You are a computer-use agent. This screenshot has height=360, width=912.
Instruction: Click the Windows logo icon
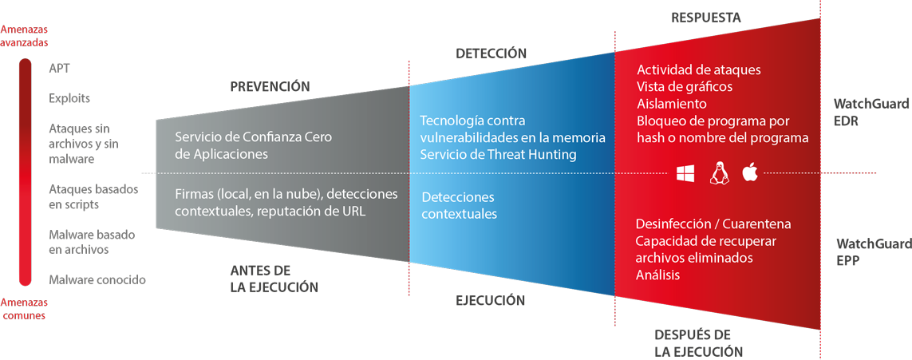tap(685, 173)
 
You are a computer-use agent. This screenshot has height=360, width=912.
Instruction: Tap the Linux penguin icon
tap(718, 173)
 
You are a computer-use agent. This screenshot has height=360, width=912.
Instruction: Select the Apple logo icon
tap(749, 172)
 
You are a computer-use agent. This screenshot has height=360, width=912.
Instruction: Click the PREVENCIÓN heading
tap(269, 86)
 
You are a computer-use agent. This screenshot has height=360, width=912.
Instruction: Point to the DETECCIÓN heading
tap(491, 53)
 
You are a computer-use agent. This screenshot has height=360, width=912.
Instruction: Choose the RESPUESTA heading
tap(705, 17)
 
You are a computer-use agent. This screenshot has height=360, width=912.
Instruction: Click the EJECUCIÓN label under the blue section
tap(490, 300)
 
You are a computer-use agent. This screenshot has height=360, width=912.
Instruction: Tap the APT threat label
tap(60, 69)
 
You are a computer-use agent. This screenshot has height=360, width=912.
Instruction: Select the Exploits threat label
tap(69, 98)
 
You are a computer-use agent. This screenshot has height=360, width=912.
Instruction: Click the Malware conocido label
tap(97, 279)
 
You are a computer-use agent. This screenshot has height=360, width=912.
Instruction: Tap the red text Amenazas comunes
tap(24, 309)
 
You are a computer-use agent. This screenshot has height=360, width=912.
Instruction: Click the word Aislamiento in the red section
tap(671, 104)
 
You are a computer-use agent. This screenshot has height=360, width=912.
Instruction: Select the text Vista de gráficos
tap(684, 86)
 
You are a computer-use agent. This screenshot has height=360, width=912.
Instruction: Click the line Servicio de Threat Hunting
tap(498, 155)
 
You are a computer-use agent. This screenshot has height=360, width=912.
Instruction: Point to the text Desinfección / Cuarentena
tap(713, 224)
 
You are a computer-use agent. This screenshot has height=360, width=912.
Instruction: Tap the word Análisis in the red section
tap(658, 275)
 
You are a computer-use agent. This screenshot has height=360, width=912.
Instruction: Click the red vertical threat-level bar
tap(26, 172)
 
